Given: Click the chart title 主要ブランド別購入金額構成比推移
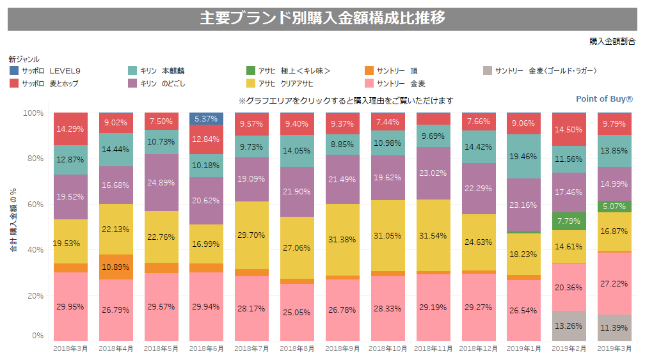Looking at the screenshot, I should pyautogui.click(x=322, y=19).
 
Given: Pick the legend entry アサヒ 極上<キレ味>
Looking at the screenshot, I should pyautogui.click(x=288, y=71).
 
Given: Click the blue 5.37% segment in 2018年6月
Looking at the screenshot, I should pyautogui.click(x=206, y=119).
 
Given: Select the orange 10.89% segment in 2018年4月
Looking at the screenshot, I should pyautogui.click(x=116, y=267).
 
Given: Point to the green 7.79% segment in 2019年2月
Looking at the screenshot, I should pyautogui.click(x=568, y=221).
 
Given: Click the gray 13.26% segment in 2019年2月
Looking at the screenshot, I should pyautogui.click(x=568, y=325).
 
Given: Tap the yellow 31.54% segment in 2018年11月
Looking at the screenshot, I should pyautogui.click(x=433, y=235).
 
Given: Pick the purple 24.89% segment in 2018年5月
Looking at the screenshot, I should pyautogui.click(x=161, y=182).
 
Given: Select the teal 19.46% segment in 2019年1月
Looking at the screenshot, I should pyautogui.click(x=523, y=156).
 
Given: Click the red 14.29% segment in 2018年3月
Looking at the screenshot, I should pyautogui.click(x=70, y=129).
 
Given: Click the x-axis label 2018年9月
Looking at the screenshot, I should pyautogui.click(x=342, y=348).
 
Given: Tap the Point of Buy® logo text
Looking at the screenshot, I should pyautogui.click(x=604, y=99).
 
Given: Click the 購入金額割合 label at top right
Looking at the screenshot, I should pyautogui.click(x=612, y=41).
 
